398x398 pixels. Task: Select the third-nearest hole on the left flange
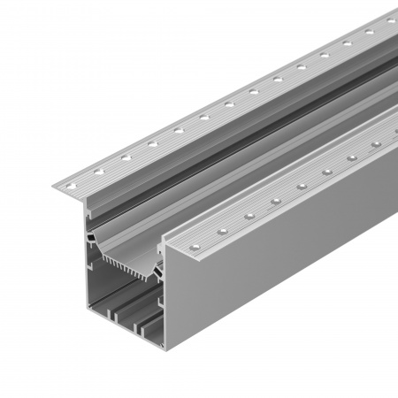point(126,157)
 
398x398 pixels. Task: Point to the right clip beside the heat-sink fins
point(159,265)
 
